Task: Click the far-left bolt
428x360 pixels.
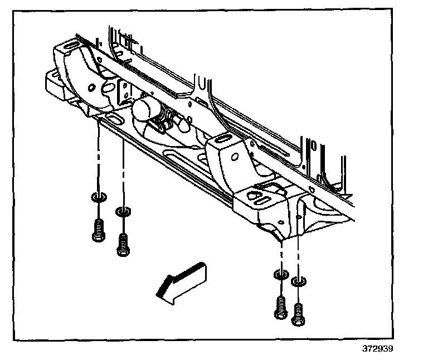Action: point(98,230)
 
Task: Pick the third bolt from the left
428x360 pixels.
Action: point(280,307)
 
